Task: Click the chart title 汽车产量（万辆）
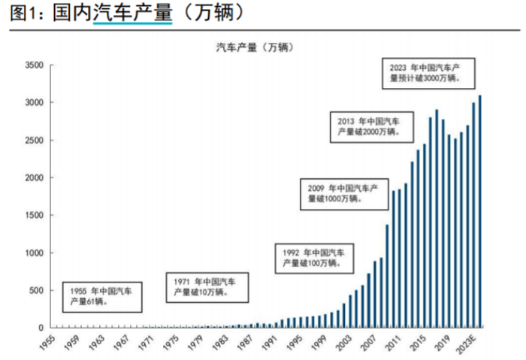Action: click(255, 47)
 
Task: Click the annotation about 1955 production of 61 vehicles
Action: click(100, 295)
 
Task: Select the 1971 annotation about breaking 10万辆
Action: click(204, 286)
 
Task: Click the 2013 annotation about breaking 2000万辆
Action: click(369, 126)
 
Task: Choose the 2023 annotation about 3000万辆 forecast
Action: click(425, 72)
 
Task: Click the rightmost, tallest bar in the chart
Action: click(480, 211)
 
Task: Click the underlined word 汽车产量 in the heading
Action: click(132, 14)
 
